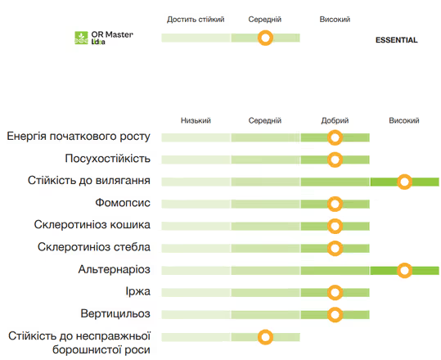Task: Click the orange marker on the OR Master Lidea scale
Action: (265, 38)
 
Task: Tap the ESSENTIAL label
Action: (396, 40)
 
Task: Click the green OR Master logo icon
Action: (81, 38)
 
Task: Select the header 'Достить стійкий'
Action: (196, 20)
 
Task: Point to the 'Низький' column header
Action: (196, 120)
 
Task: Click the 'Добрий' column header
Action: (335, 120)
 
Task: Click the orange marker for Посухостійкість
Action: (335, 160)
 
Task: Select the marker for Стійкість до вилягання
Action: (404, 182)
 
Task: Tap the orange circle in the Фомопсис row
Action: (335, 204)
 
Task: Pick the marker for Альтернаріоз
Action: (404, 270)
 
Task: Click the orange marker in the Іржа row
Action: (335, 293)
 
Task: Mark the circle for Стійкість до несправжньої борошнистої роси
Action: (265, 337)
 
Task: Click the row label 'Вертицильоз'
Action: (115, 313)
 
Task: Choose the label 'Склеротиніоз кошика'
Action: (92, 225)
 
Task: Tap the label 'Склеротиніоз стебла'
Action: (94, 247)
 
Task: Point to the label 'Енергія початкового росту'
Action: (79, 137)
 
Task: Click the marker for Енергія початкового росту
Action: (335, 137)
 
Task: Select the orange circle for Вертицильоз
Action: (335, 314)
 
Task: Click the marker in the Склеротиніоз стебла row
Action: (335, 248)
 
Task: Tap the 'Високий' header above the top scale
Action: (335, 20)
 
